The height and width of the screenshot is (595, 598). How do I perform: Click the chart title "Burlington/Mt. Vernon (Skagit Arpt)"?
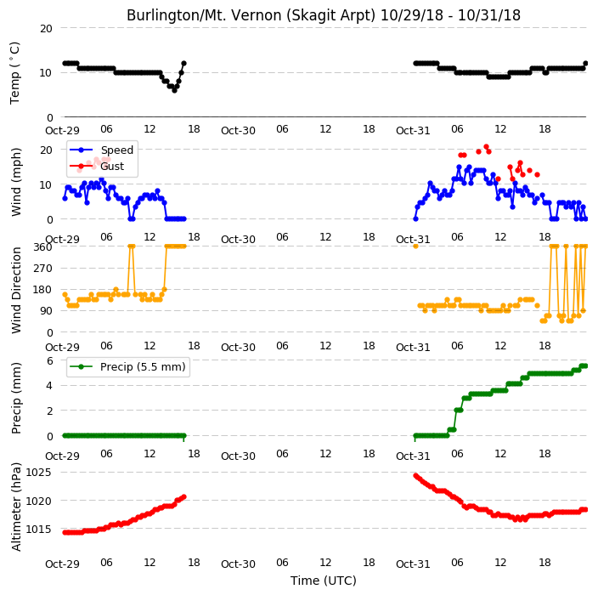251,15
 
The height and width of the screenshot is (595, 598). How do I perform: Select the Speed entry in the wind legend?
101,150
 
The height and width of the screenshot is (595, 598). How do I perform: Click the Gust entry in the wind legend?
97,166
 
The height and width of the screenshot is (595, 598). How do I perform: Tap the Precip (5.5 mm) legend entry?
127,366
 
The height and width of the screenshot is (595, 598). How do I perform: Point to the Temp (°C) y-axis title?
15,73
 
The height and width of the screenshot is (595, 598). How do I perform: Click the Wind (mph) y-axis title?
15,183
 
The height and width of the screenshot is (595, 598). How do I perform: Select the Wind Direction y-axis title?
15,290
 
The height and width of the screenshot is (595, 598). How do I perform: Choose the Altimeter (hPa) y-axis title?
15,507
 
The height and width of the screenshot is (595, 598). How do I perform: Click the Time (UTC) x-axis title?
324,581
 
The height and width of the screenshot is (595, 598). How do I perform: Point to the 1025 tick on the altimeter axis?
38,473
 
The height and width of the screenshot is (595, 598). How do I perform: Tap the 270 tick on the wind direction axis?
42,269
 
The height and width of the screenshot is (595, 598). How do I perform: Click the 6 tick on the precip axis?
49,360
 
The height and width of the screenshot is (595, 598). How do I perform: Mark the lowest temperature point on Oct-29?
174,90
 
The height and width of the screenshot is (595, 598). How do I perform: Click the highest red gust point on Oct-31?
486,146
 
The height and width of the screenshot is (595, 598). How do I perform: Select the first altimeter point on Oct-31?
415,475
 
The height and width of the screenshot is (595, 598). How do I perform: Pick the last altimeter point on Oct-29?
183,497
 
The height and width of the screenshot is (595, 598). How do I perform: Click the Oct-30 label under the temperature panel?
238,131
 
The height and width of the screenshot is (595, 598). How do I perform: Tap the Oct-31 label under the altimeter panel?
413,564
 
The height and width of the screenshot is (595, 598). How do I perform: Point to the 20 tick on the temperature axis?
46,28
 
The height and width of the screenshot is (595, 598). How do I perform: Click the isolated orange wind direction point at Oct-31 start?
415,246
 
